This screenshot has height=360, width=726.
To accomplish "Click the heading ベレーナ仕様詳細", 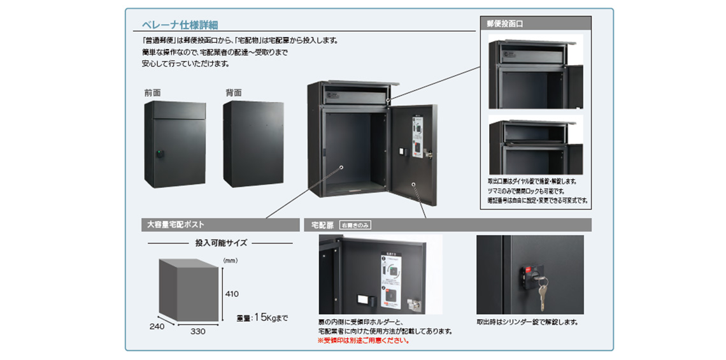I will click(180, 25).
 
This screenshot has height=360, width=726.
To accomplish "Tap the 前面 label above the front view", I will click(153, 93).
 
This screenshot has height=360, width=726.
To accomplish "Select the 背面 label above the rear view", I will click(234, 93).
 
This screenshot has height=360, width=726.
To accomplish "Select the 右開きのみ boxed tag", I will click(355, 225).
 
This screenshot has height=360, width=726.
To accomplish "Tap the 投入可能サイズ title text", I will click(221, 243).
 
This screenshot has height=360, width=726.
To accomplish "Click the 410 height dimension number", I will click(231, 294).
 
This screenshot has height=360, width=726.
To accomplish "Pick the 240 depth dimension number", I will click(157, 326).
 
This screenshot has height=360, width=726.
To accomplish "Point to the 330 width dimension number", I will click(197, 332).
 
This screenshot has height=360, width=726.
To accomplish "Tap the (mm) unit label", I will click(230, 260).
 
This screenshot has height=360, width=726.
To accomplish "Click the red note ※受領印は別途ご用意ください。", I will click(363, 340).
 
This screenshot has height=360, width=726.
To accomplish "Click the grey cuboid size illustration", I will click(188, 290).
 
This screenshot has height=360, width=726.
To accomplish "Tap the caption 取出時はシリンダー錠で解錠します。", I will click(527, 322).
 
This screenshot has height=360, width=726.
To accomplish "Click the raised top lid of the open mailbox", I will click(360, 85).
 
